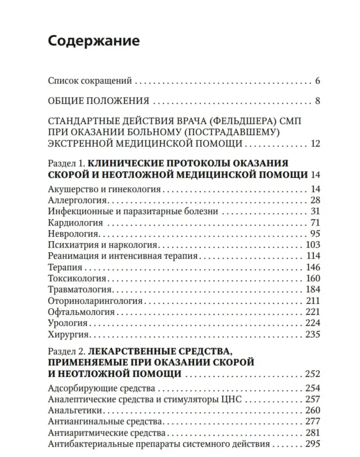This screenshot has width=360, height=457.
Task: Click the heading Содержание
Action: [93, 41]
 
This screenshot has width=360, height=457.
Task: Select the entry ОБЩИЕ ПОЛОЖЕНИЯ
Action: [99, 101]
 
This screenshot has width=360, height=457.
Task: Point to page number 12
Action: [315, 143]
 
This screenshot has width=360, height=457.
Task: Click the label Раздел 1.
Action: [65, 163]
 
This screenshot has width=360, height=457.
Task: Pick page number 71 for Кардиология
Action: [315, 222]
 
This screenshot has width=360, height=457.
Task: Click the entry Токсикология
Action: [77, 278]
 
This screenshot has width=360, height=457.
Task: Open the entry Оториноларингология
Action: [95, 301]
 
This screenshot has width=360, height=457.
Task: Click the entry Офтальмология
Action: [81, 312]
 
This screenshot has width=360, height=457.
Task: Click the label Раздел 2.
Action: [65, 351]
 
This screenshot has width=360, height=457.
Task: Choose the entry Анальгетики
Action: [75, 410]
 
